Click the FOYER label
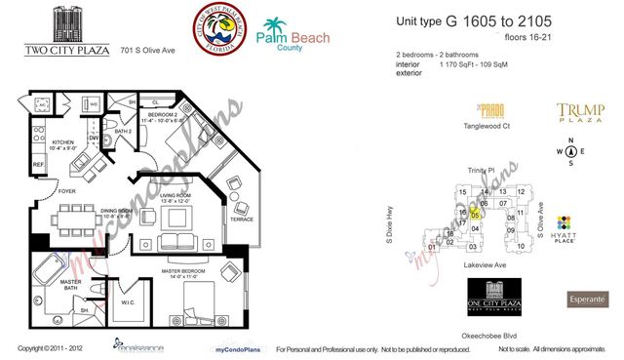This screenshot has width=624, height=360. pyautogui.click(x=66, y=191)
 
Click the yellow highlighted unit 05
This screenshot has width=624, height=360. pyautogui.click(x=475, y=216)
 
